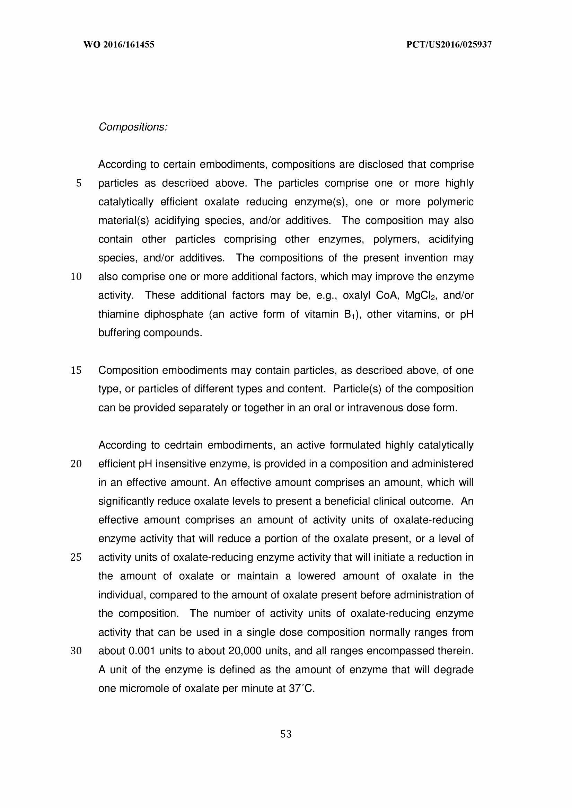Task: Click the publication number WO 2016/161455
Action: click(x=119, y=45)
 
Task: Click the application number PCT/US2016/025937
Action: click(x=449, y=45)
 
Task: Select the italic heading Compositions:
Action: click(x=133, y=127)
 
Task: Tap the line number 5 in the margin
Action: click(x=79, y=183)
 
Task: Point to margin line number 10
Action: click(x=76, y=277)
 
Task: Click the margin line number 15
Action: click(x=76, y=370)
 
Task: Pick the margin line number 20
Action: click(x=76, y=464)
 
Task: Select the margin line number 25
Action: click(x=76, y=558)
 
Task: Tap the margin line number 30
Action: click(x=76, y=651)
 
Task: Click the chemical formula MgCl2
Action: click(x=421, y=295)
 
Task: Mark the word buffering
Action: click(x=119, y=333)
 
